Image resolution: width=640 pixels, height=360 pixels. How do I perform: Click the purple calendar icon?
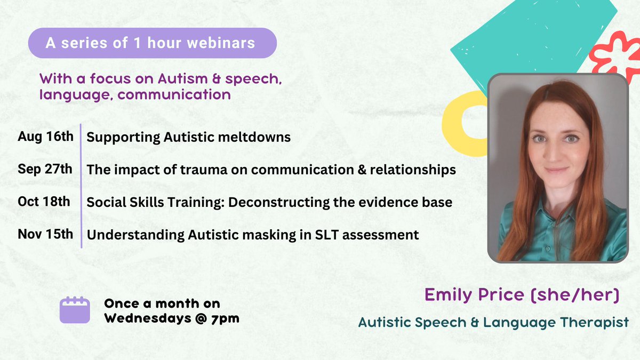[75, 309]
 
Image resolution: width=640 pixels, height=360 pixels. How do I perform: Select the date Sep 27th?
[45, 169]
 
